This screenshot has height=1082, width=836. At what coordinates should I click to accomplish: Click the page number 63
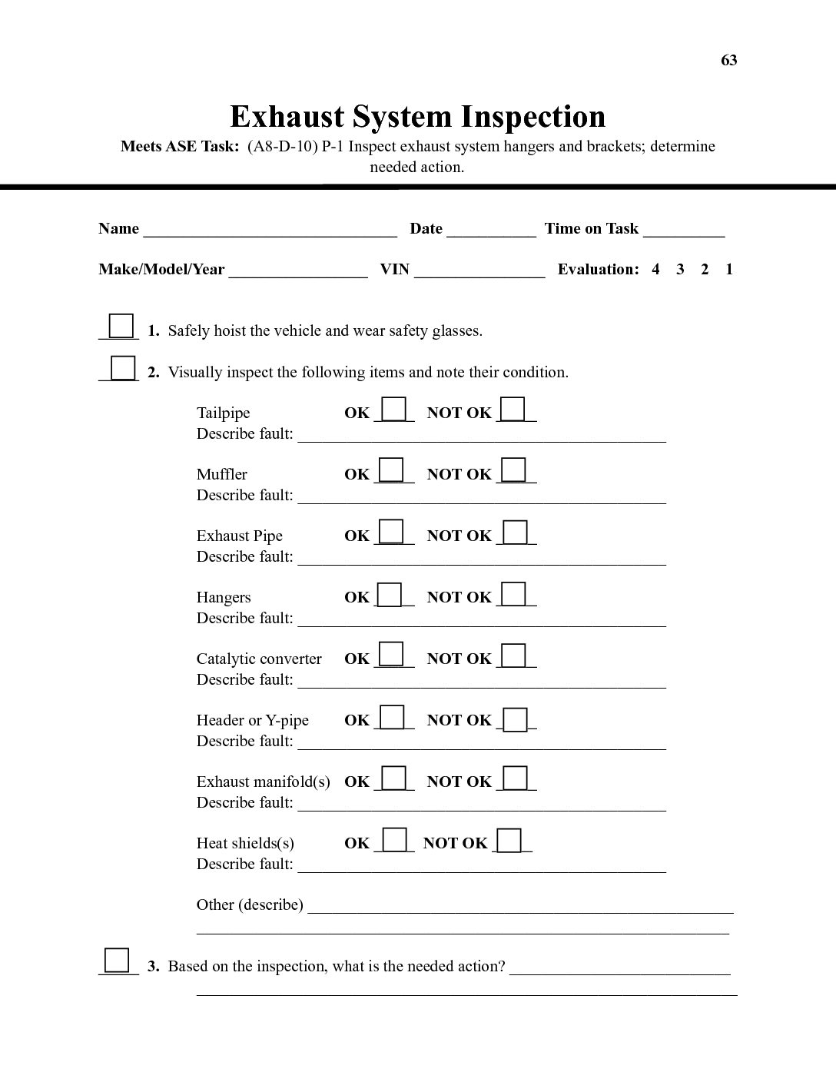[x=728, y=61]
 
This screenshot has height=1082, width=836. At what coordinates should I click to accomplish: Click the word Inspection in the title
[x=533, y=117]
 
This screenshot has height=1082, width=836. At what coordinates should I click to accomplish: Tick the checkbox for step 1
[x=121, y=326]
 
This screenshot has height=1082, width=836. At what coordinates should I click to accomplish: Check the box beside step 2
[x=123, y=367]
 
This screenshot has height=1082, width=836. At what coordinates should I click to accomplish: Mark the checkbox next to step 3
[x=117, y=961]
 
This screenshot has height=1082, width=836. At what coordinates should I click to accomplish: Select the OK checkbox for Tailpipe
[x=394, y=408]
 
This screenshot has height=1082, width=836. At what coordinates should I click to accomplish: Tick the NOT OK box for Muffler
[x=514, y=470]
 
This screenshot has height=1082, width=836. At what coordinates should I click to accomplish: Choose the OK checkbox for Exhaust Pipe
[x=392, y=531]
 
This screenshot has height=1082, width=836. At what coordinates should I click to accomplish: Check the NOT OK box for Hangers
[x=514, y=593]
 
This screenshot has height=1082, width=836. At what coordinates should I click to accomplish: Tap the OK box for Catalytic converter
[x=392, y=654]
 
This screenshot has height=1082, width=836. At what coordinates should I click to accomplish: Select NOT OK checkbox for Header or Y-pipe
[x=516, y=719]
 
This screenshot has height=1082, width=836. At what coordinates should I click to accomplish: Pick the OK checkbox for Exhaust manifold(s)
[x=394, y=778]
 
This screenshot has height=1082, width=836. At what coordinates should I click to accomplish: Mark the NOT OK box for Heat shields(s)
[x=509, y=840]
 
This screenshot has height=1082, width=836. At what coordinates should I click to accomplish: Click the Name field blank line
[x=270, y=230]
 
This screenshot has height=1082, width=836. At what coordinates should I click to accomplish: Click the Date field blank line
[x=491, y=230]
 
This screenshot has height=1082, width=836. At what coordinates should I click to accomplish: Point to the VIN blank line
[x=479, y=270]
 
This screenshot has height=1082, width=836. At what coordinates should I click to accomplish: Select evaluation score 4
[x=655, y=269]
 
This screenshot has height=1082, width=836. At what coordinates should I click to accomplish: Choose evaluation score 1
[x=729, y=269]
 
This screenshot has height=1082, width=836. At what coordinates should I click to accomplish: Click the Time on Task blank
[x=684, y=230]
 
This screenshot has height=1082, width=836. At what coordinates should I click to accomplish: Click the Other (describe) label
[x=250, y=904]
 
